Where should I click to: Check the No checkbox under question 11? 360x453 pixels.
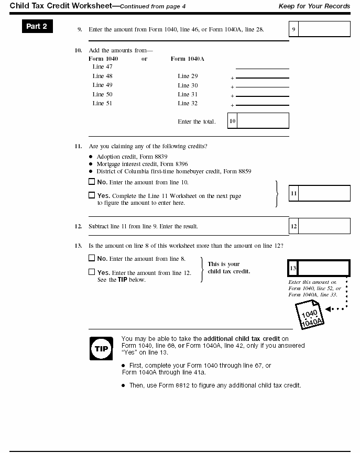[x=92, y=182]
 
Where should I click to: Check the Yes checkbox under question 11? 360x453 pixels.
[x=92, y=196]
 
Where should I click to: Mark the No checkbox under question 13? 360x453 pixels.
[x=92, y=258]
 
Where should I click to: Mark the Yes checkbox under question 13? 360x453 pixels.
[x=92, y=272]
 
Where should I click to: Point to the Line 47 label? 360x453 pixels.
[x=102, y=67]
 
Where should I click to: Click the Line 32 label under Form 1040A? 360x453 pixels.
[x=188, y=104]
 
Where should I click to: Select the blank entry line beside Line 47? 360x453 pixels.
[x=262, y=68]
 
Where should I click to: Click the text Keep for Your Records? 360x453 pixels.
[x=315, y=5]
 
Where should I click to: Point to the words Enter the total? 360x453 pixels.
[x=197, y=121]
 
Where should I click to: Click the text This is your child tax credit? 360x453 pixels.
[x=229, y=268]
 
